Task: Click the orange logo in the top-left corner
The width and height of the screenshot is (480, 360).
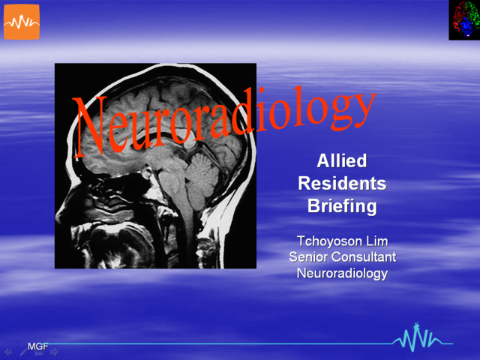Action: point(21,22)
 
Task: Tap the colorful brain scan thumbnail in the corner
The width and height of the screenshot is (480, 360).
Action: point(464,20)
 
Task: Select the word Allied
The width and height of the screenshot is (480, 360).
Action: point(342,161)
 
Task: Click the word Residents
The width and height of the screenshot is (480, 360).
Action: point(342,184)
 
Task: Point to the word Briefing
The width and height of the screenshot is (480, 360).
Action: point(342,206)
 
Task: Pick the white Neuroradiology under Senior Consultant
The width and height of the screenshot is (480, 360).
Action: point(342,273)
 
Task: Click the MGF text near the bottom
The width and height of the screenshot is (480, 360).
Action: point(37,346)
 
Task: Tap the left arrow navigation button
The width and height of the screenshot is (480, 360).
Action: point(7,351)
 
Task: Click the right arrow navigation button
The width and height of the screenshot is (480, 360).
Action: point(54,351)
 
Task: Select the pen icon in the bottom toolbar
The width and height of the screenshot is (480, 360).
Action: point(23,351)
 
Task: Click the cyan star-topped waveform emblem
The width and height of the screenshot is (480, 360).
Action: point(413,339)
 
